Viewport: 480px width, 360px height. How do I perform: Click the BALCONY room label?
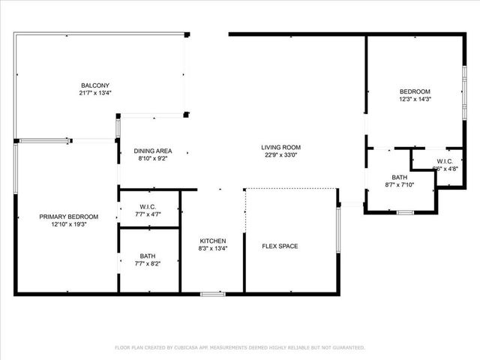[96, 85]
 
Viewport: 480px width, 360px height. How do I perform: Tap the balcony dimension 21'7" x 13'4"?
[96, 93]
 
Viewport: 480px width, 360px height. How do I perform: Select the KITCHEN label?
[212, 241]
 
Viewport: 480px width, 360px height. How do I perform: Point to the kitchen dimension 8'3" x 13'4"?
[212, 248]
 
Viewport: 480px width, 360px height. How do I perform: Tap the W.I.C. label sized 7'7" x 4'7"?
[148, 206]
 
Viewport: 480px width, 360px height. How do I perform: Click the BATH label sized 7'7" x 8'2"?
[148, 256]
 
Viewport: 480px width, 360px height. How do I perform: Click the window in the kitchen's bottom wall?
[212, 294]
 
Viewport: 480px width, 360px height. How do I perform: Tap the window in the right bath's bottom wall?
[405, 213]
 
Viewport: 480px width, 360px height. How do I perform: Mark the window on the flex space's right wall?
[339, 229]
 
